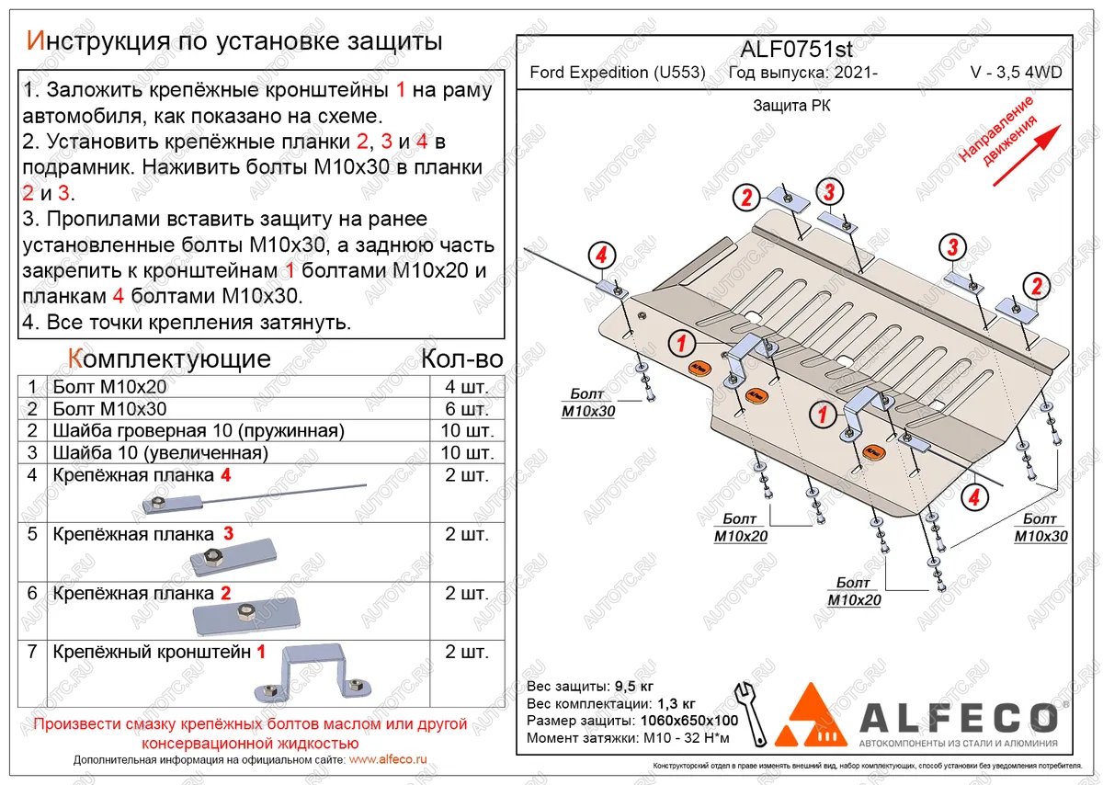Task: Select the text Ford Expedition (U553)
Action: pyautogui.click(x=618, y=74)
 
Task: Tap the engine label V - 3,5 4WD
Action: pyautogui.click(x=1016, y=74)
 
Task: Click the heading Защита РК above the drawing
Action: pyautogui.click(x=791, y=106)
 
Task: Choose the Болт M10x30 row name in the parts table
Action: pyautogui.click(x=110, y=409)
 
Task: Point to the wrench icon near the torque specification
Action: pyautogui.click(x=748, y=713)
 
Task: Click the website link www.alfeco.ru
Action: pyautogui.click(x=389, y=760)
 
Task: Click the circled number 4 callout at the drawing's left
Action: pyautogui.click(x=601, y=256)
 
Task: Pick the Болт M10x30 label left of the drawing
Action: pyautogui.click(x=588, y=404)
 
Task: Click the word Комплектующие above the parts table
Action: pyautogui.click(x=169, y=358)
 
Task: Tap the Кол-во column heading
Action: pyautogui.click(x=461, y=358)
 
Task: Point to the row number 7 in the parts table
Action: pyautogui.click(x=32, y=653)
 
